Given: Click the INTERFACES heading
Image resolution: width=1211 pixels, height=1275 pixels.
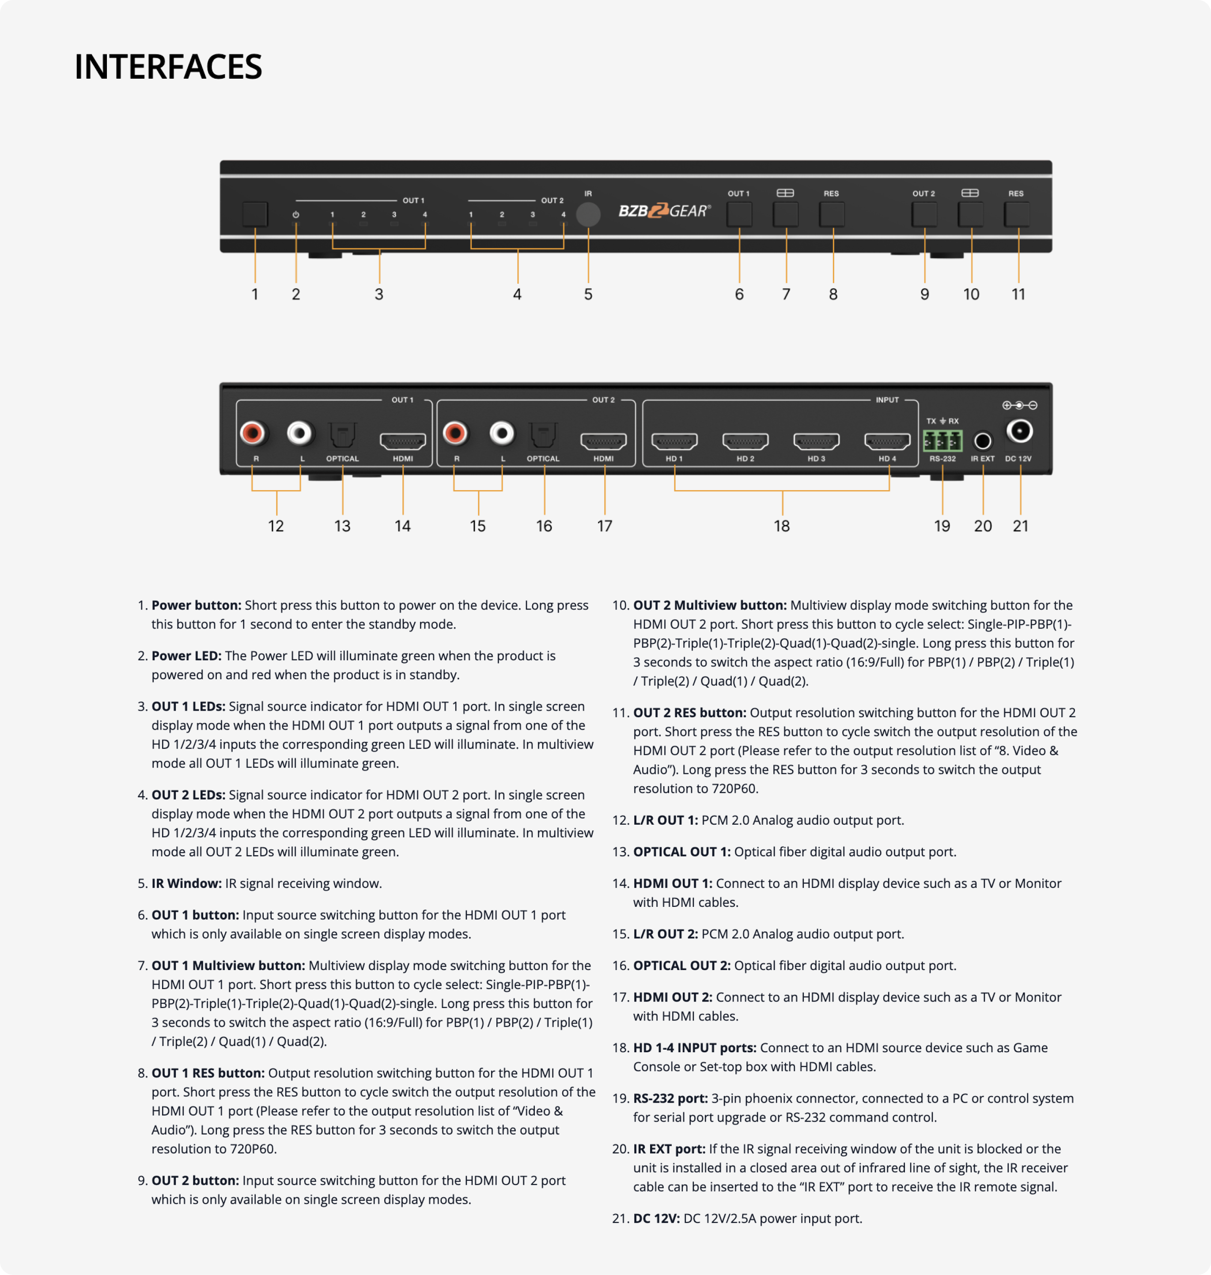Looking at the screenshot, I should click(x=168, y=67).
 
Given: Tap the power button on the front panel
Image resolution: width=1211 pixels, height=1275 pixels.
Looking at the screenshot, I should click(x=255, y=214).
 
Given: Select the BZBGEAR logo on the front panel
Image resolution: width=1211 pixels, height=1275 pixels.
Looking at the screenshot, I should click(x=664, y=210).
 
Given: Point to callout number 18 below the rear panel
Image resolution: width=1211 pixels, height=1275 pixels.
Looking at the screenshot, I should click(x=782, y=526).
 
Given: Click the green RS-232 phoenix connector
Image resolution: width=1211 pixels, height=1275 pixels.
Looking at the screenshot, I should click(x=942, y=441).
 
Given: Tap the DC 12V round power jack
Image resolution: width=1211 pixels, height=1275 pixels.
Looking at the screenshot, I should click(x=1020, y=431).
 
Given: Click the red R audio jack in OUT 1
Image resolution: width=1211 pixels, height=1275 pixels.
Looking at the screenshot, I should click(x=252, y=433).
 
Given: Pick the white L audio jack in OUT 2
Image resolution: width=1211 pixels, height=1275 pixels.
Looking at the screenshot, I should click(x=502, y=433).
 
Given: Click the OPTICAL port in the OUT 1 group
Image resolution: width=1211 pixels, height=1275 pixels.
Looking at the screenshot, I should click(x=342, y=435).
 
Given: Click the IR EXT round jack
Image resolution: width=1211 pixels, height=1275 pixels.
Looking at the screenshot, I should click(x=983, y=441).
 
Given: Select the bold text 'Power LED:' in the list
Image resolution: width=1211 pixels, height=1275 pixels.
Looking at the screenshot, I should click(x=186, y=655).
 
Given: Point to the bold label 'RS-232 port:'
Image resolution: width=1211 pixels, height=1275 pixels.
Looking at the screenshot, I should click(x=670, y=1098).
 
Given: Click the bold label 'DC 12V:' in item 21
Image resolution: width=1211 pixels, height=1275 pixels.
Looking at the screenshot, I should click(x=656, y=1218).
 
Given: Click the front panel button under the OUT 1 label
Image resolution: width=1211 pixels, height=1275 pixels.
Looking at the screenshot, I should click(x=739, y=214).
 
